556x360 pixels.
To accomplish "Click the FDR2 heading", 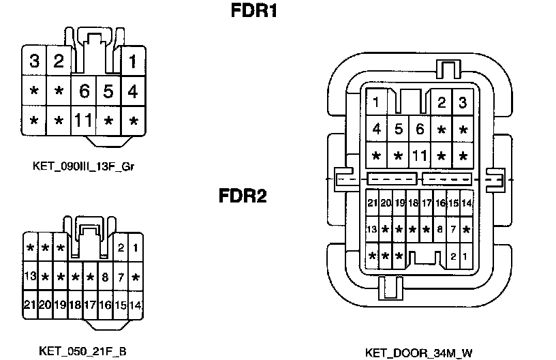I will tap(243, 196).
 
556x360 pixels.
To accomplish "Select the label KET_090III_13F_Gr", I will tap(83, 166).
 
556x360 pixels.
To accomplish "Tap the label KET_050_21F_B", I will tap(82, 351).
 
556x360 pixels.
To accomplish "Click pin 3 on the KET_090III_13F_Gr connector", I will tap(33, 61).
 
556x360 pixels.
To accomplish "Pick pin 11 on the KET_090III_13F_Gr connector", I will tap(83, 121).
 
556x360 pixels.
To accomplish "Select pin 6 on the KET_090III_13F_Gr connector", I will tap(84, 91).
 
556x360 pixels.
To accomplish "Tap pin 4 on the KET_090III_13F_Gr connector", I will tap(133, 91).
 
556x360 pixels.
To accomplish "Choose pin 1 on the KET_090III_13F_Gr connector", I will tap(133, 61).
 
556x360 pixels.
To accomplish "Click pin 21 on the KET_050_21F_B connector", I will tap(30, 305).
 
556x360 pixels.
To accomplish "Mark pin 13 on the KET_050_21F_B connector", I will tap(30, 277).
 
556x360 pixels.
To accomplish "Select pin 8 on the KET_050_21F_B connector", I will tap(105, 277).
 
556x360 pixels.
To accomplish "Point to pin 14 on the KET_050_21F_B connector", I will tap(135, 305).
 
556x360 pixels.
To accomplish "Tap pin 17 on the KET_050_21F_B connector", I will tap(90, 305).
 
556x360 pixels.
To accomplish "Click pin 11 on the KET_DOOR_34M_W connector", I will tap(420, 155).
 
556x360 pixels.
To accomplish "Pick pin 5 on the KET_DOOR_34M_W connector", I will tap(399, 129).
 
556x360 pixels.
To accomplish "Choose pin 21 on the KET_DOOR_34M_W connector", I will tap(372, 203).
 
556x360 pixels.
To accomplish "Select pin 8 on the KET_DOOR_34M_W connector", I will tap(440, 230).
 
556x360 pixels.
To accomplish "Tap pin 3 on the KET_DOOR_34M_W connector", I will tap(463, 103).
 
